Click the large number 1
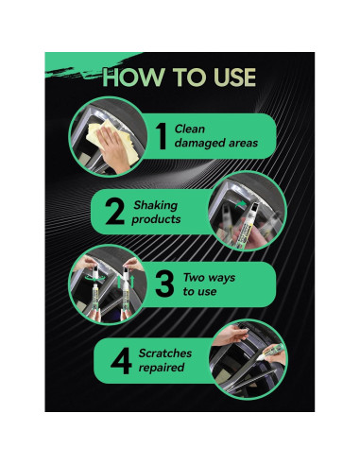162,134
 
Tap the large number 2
114,211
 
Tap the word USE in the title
224,77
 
